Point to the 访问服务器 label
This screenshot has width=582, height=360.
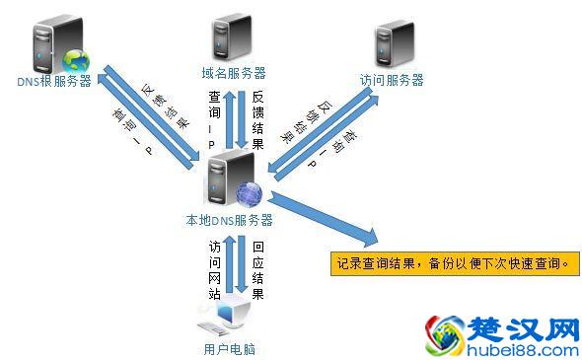pyautogui.click(x=392, y=80)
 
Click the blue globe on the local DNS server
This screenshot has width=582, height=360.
pyautogui.click(x=248, y=195)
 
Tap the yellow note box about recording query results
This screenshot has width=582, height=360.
pyautogui.click(x=452, y=264)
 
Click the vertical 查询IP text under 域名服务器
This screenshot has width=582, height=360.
pyautogui.click(x=214, y=121)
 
